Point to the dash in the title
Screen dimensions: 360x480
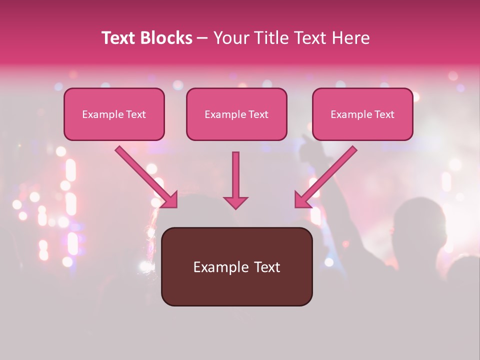pyautogui.click(x=202, y=38)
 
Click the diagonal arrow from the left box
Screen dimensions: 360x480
pyautogui.click(x=145, y=176)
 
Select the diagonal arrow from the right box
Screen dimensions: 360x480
pyautogui.click(x=327, y=176)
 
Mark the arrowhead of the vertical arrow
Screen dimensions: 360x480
pyautogui.click(x=235, y=202)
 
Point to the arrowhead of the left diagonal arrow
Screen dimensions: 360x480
pyautogui.click(x=170, y=200)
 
